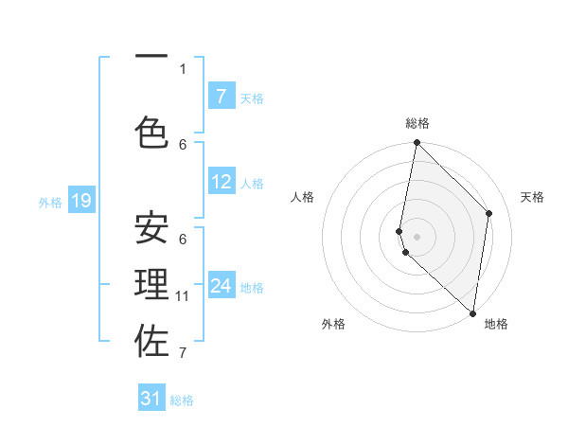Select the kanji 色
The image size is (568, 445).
152,133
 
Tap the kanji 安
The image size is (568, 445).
152,228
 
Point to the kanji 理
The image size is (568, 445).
152,285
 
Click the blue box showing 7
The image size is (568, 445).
221,97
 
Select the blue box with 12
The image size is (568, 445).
221,182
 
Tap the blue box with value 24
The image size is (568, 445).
221,286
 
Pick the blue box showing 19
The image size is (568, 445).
81,201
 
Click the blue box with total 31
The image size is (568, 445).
151,399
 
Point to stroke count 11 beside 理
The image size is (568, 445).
183,296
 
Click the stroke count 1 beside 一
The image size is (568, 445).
183,68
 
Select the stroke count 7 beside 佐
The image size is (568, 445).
183,353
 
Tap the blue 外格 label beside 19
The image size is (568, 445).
50,202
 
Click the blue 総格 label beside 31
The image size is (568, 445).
182,400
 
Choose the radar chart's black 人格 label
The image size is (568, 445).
302,197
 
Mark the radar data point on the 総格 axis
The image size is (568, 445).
417,143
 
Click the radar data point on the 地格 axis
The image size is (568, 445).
473,313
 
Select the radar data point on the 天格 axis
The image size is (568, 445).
489,213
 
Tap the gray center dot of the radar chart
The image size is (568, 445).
417,236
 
